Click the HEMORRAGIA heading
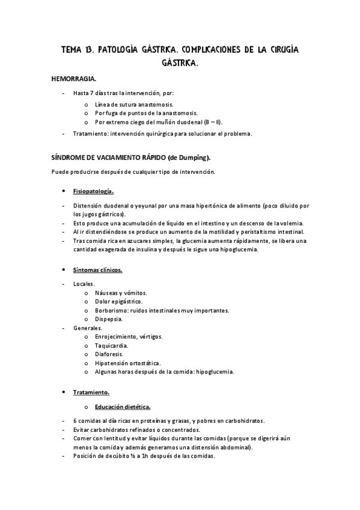tap(75, 79)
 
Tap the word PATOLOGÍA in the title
tap(122, 50)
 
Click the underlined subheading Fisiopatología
tap(93, 191)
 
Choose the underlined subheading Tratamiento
tap(91, 392)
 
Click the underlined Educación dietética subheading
tap(123, 407)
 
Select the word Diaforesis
tap(109, 354)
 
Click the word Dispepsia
tap(109, 319)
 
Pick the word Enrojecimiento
tap(117, 337)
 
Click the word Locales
tap(84, 283)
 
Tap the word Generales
tap(88, 328)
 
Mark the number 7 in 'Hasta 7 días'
tap(93, 93)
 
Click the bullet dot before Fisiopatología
tap(64, 191)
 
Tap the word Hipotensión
tap(114, 363)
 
